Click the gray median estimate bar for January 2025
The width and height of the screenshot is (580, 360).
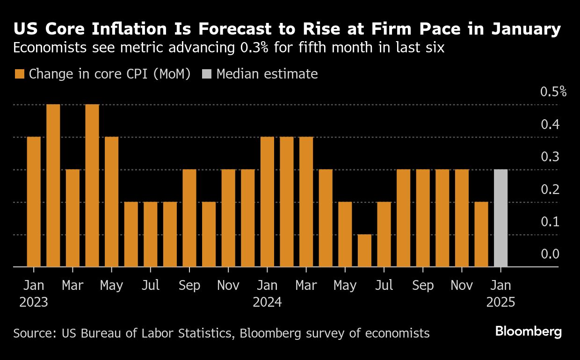500,218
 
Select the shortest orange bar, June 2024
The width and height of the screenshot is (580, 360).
364,251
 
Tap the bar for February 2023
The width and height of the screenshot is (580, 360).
53,186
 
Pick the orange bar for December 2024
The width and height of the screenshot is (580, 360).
481,234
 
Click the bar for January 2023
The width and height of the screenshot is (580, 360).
34,202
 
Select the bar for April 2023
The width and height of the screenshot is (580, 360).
92,186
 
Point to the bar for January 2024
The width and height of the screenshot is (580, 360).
267,202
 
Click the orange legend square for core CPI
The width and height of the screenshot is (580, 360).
20,74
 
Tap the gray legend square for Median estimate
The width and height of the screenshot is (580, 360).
207,74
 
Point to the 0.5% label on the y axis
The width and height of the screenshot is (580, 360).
553,92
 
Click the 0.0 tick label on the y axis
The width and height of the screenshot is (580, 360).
550,254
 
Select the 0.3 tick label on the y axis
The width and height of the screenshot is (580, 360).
550,157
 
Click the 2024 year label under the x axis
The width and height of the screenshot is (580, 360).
267,302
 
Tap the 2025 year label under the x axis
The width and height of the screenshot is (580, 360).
500,302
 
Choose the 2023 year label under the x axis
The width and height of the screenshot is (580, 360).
34,302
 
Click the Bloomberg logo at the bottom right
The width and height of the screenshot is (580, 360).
528,332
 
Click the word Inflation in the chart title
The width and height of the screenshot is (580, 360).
131,29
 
